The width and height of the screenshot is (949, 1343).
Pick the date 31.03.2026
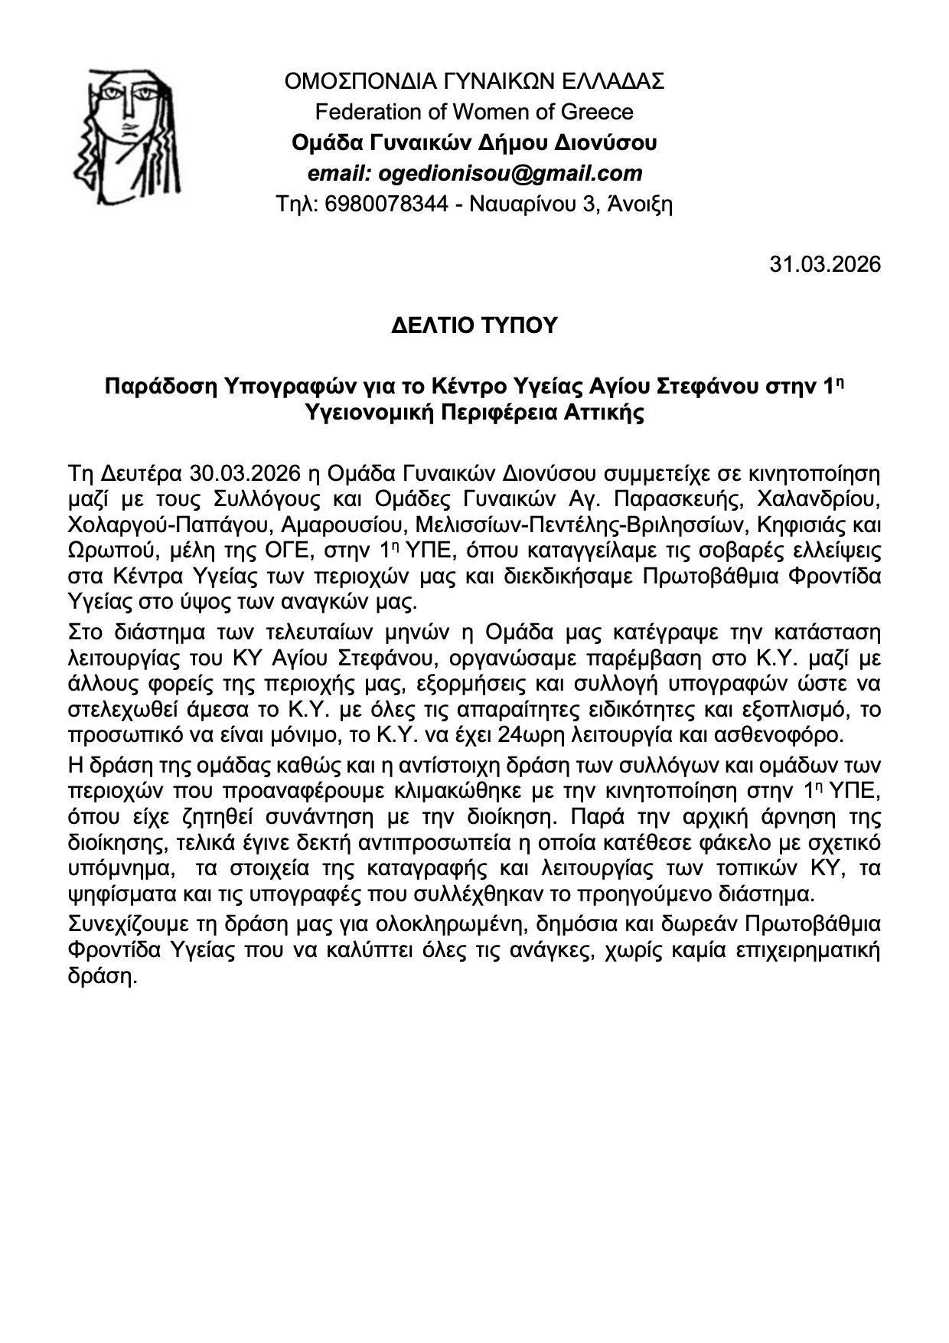[x=825, y=264]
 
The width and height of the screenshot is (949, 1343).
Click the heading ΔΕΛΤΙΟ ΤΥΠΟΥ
[x=474, y=325]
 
